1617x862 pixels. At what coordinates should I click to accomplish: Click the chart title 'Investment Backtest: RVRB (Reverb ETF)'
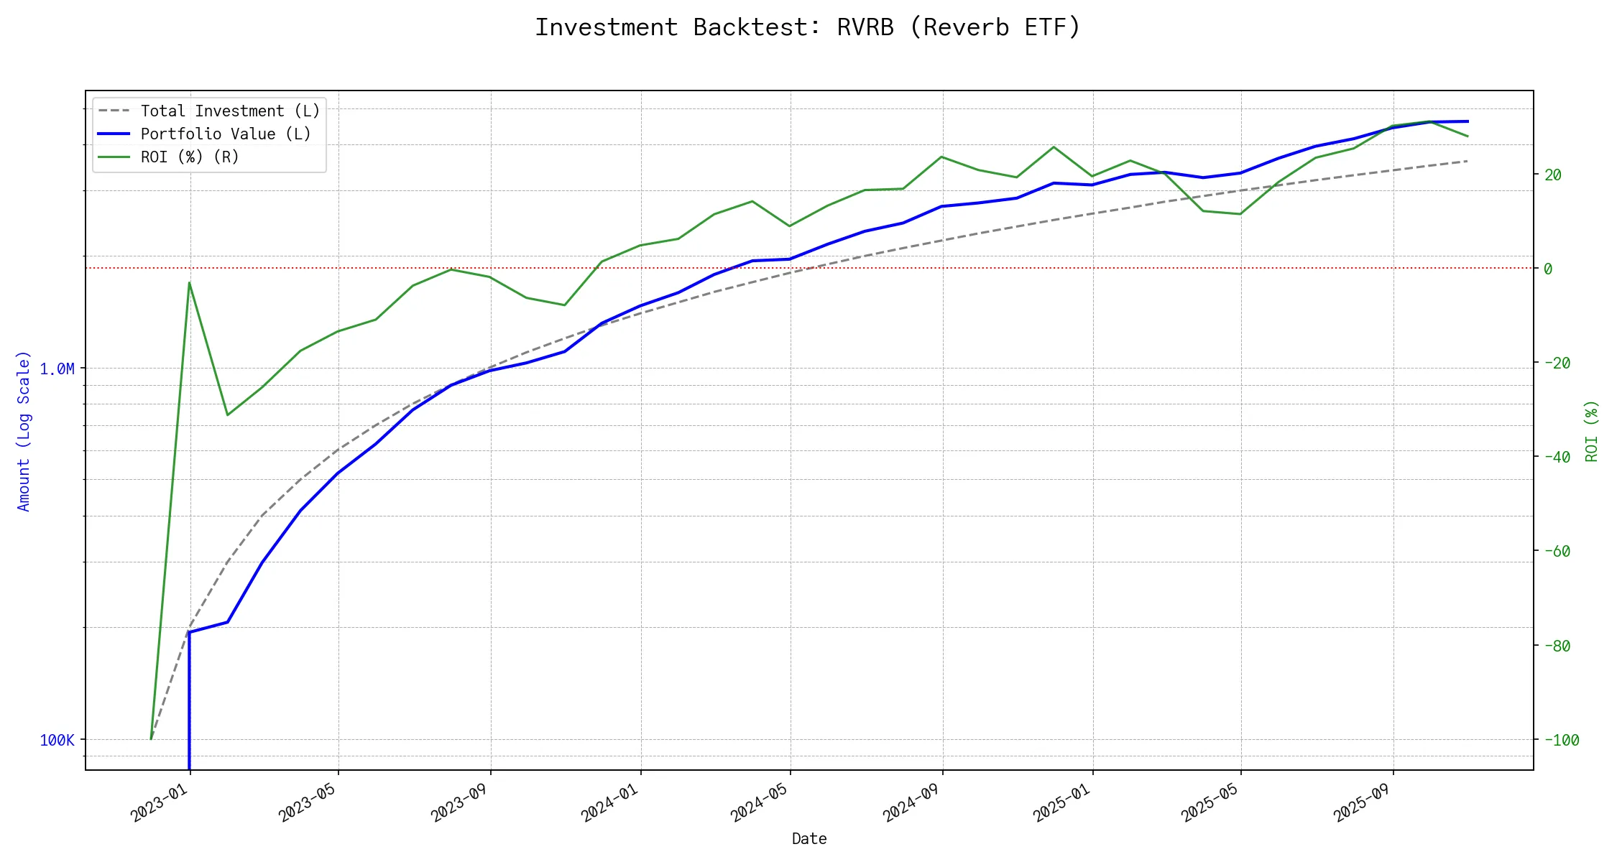[x=808, y=27]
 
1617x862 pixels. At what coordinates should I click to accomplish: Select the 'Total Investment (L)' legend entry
[x=230, y=111]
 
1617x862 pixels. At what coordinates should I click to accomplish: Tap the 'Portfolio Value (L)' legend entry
[x=226, y=134]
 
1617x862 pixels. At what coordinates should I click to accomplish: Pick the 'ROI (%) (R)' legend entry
[x=190, y=157]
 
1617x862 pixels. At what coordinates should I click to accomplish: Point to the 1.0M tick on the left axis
[x=57, y=369]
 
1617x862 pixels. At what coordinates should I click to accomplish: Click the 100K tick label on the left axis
[x=57, y=741]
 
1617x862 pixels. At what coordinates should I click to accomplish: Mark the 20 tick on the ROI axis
[x=1552, y=175]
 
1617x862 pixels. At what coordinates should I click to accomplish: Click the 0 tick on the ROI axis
[x=1548, y=269]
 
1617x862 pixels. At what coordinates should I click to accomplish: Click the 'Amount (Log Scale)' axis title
[x=24, y=431]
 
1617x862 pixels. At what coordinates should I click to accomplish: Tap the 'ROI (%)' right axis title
[x=1592, y=431]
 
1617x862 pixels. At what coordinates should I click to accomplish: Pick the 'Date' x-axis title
[x=809, y=839]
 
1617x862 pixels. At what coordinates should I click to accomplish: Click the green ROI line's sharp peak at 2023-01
[x=189, y=282]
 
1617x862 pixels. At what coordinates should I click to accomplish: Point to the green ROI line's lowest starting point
[x=151, y=738]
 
